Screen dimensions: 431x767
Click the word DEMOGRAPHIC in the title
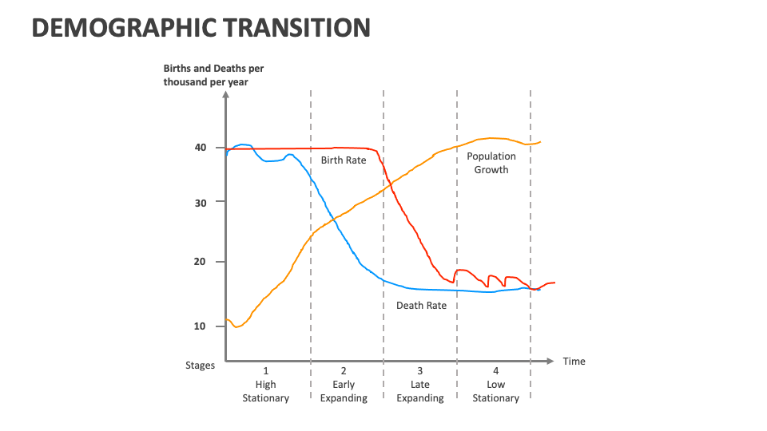click(x=119, y=28)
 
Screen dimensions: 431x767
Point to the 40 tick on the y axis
click(x=200, y=148)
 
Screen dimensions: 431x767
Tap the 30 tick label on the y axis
click(x=200, y=203)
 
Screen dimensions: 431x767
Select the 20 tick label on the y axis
click(x=200, y=262)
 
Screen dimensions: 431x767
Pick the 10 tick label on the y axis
click(x=200, y=326)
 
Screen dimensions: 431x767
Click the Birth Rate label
click(x=344, y=160)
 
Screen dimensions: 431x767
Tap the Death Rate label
click(x=421, y=306)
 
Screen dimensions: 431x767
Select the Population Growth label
click(x=491, y=163)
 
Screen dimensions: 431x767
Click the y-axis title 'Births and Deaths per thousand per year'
click(x=213, y=75)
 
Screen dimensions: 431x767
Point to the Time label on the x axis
click(x=574, y=362)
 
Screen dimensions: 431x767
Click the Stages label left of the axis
click(x=201, y=366)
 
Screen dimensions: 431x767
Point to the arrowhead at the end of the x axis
click(x=550, y=362)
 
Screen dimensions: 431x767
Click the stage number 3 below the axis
click(x=420, y=371)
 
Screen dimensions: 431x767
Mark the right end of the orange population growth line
click(x=541, y=142)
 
